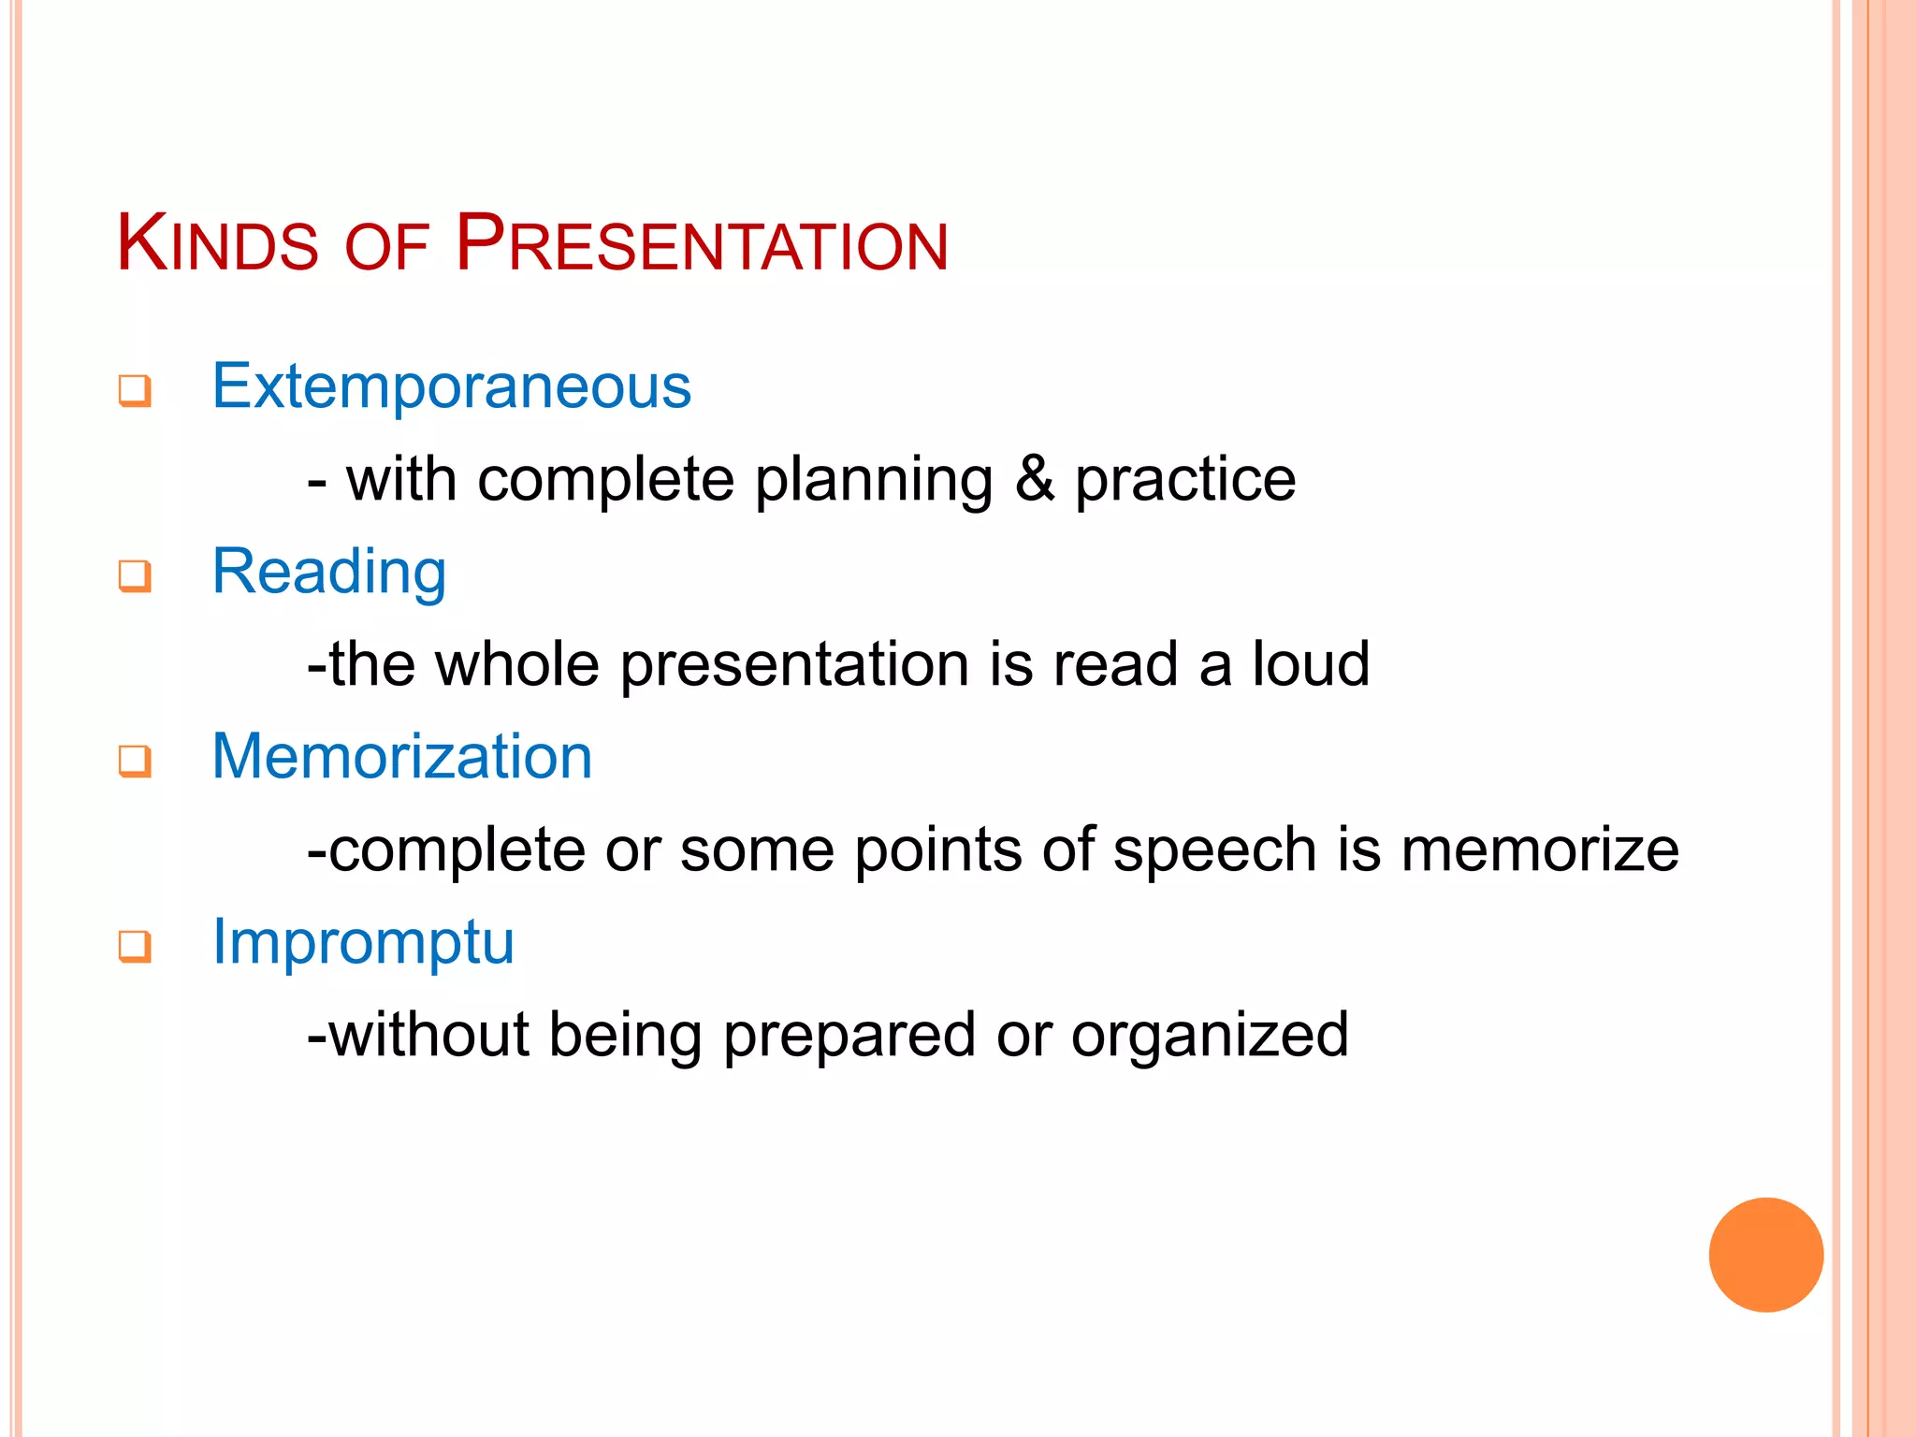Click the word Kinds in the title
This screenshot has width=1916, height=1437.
(x=217, y=245)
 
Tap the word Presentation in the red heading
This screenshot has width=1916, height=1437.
(x=702, y=245)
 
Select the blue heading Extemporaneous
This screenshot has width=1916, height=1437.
(x=451, y=386)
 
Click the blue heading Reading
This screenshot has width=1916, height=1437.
(x=329, y=572)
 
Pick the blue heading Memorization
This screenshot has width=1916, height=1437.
(x=402, y=756)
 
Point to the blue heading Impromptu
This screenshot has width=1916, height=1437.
(x=363, y=941)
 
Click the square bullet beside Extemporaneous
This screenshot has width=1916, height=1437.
(x=135, y=391)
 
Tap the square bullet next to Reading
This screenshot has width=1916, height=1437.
(x=135, y=575)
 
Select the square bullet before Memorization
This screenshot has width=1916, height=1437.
(x=135, y=761)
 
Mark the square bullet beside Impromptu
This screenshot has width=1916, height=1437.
(x=135, y=946)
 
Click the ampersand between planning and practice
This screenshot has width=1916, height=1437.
(x=1034, y=479)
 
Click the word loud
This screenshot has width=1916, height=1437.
(x=1311, y=664)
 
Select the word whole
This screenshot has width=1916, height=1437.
(x=517, y=664)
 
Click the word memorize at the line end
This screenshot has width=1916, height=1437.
(x=1540, y=849)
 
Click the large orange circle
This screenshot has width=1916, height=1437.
(x=1765, y=1255)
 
